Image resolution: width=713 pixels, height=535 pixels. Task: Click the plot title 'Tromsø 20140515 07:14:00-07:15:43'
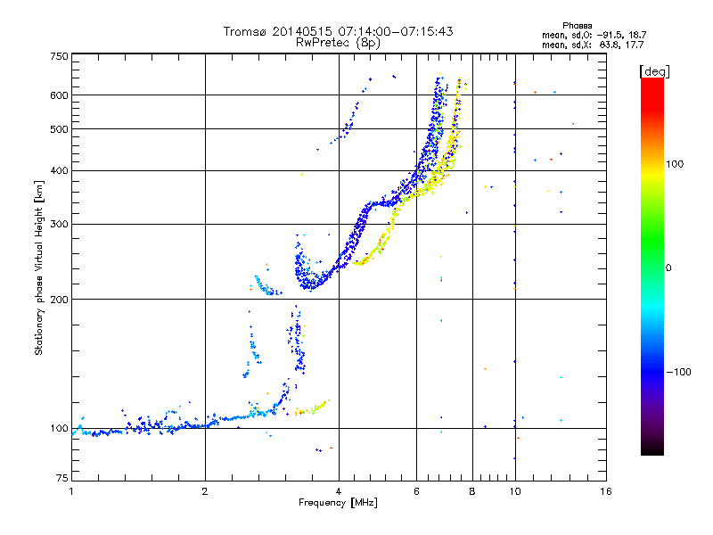(338, 31)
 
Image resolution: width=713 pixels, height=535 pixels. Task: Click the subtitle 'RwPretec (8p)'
(338, 43)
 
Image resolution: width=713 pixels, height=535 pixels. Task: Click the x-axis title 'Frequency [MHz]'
(338, 503)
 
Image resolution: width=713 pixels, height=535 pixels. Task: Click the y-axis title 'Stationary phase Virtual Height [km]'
(39, 268)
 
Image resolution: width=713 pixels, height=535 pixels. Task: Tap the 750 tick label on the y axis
(59, 56)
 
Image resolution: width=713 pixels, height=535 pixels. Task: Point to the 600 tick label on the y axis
(59, 95)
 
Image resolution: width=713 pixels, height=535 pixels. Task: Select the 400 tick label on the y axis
(59, 170)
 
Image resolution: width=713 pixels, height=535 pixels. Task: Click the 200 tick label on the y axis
(59, 300)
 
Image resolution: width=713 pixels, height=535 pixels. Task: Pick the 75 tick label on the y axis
(62, 478)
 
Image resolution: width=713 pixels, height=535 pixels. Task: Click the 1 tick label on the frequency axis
(72, 491)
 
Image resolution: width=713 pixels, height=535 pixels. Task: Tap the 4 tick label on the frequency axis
(339, 491)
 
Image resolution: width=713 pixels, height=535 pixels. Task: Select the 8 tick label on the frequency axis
(472, 491)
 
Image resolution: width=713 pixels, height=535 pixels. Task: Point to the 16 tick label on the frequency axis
(606, 491)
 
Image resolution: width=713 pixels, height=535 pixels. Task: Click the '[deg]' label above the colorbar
(654, 72)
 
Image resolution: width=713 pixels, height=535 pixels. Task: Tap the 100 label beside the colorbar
(675, 164)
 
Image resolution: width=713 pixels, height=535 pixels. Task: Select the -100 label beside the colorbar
(679, 372)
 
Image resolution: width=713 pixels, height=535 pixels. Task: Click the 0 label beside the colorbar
(668, 268)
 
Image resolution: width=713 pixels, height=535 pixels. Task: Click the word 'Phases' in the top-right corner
(578, 26)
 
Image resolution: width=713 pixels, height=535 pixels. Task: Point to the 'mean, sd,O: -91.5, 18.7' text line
(594, 35)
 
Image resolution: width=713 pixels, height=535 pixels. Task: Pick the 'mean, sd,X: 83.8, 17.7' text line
(593, 45)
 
